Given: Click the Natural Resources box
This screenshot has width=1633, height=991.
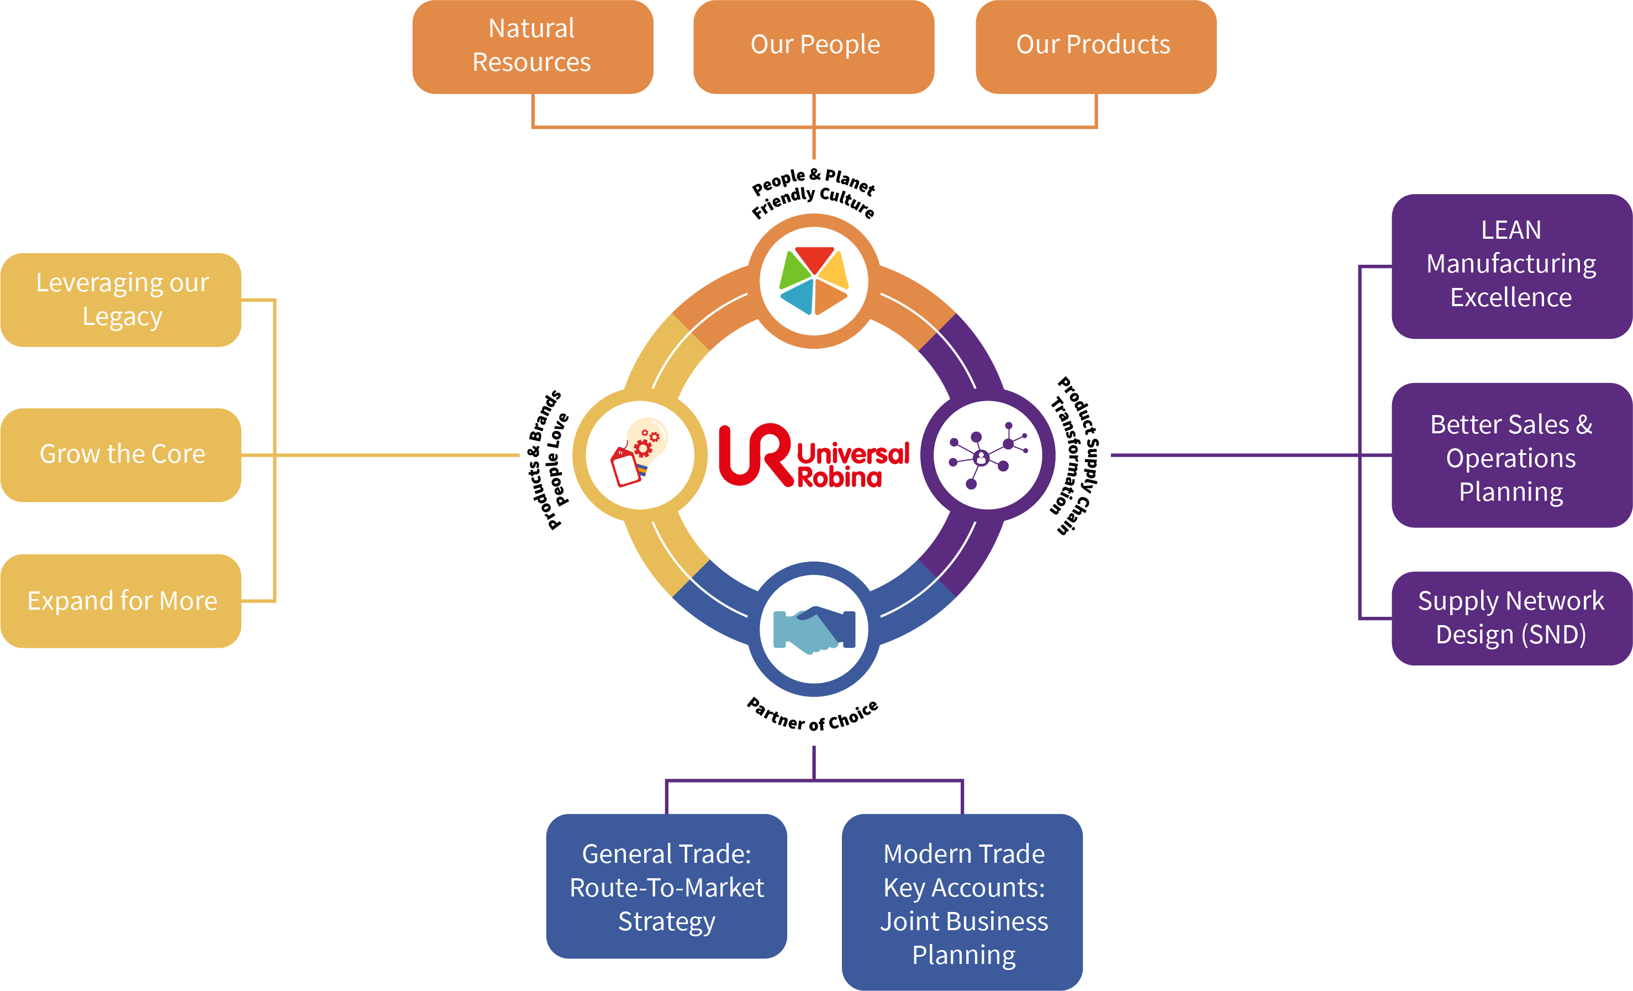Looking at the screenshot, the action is click(x=533, y=46).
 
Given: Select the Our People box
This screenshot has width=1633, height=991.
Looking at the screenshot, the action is click(x=814, y=46).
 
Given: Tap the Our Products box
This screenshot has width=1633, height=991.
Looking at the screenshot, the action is click(x=1096, y=46).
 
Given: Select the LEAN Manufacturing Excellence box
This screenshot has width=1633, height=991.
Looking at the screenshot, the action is click(x=1511, y=266).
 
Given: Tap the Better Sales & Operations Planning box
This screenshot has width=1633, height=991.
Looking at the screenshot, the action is click(x=1511, y=455).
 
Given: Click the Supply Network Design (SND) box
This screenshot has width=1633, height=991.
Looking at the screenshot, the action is click(x=1511, y=618).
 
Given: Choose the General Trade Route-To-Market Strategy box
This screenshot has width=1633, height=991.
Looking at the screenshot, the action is click(x=667, y=887).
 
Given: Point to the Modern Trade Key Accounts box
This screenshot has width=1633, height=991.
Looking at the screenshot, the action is click(x=962, y=902).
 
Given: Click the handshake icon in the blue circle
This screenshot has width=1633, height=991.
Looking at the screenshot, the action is click(x=814, y=629).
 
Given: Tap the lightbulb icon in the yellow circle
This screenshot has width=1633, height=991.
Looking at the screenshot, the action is click(x=639, y=452).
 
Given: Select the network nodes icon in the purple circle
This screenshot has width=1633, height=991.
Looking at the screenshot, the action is click(x=989, y=455).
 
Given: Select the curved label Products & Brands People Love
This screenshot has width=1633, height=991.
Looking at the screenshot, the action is click(x=549, y=459).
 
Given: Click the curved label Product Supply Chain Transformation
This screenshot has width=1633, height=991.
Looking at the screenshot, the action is click(x=1073, y=455).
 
